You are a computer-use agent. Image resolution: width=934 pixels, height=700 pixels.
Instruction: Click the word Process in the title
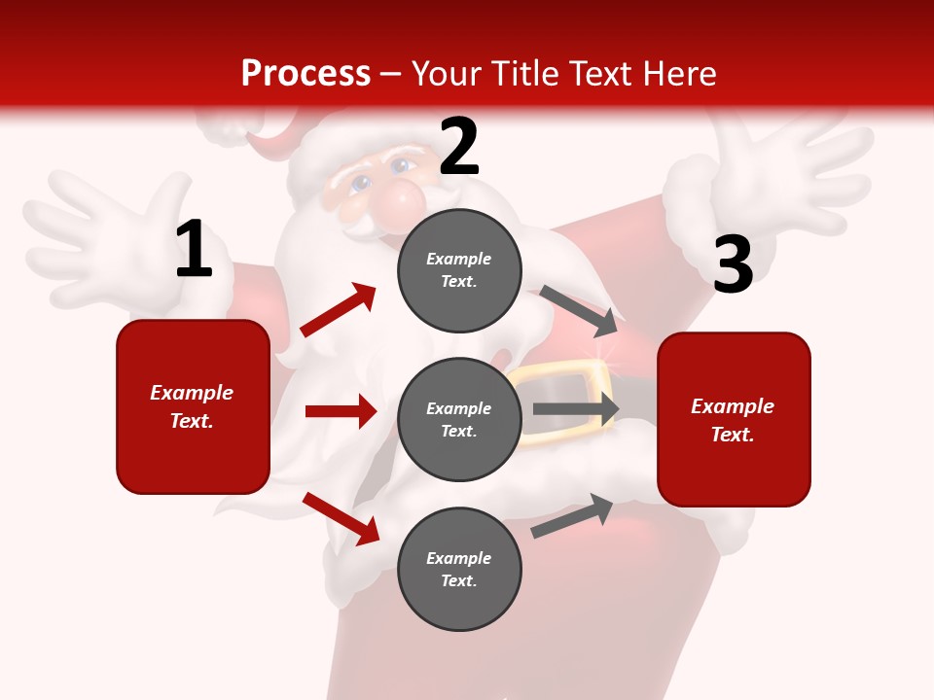(305, 73)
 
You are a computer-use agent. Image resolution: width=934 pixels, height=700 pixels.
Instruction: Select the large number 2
(459, 147)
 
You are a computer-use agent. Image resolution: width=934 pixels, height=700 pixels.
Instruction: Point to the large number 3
(733, 264)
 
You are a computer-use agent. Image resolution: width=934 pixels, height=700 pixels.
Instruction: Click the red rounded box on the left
(193, 406)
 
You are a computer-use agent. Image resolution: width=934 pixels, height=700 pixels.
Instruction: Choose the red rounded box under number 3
(734, 419)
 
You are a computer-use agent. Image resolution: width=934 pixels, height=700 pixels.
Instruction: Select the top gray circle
(459, 270)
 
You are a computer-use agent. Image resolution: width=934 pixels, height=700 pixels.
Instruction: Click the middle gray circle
(459, 419)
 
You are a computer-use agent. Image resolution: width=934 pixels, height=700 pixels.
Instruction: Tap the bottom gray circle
(459, 569)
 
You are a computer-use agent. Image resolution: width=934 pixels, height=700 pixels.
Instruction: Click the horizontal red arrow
(341, 411)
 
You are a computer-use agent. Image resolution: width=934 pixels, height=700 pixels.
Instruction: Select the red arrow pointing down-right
(341, 518)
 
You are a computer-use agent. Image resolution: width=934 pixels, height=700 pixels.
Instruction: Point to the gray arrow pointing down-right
(579, 308)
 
